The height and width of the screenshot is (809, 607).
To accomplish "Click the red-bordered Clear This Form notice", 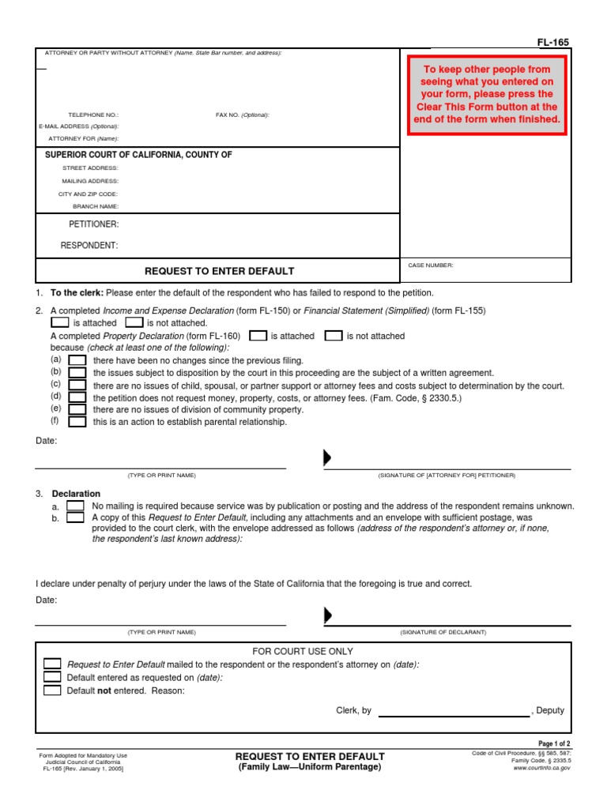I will pyautogui.click(x=487, y=95).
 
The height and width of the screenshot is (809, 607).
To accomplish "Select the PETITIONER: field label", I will pyautogui.click(x=93, y=224).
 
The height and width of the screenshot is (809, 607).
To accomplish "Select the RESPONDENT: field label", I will pyautogui.click(x=89, y=246).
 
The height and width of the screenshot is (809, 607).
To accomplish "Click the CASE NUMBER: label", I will pyautogui.click(x=431, y=265).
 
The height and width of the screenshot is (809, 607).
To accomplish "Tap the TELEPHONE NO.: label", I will pyautogui.click(x=92, y=115).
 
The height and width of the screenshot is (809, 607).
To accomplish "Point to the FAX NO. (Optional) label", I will pyautogui.click(x=242, y=115).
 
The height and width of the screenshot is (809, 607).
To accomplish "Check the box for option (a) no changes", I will pyautogui.click(x=77, y=360).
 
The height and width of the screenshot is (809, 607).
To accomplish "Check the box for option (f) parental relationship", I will pyautogui.click(x=77, y=422).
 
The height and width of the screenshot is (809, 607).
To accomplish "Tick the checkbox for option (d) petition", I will pyautogui.click(x=77, y=397).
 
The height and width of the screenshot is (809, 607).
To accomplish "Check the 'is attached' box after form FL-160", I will pyautogui.click(x=258, y=336).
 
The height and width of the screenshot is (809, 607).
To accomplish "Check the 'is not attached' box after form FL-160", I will pyautogui.click(x=334, y=336).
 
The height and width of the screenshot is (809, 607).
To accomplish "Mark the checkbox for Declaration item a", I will pyautogui.click(x=76, y=506).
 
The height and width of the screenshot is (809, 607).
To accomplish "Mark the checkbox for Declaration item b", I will pyautogui.click(x=76, y=518).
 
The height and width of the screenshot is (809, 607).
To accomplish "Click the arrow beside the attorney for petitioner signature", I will pyautogui.click(x=327, y=458).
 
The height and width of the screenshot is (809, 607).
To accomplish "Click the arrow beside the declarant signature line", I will pyautogui.click(x=327, y=615).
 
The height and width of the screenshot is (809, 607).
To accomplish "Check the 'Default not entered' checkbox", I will pyautogui.click(x=52, y=690).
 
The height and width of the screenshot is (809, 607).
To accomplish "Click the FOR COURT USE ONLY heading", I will pyautogui.click(x=303, y=651).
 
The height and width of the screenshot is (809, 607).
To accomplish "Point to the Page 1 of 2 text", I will pyautogui.click(x=554, y=744).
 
